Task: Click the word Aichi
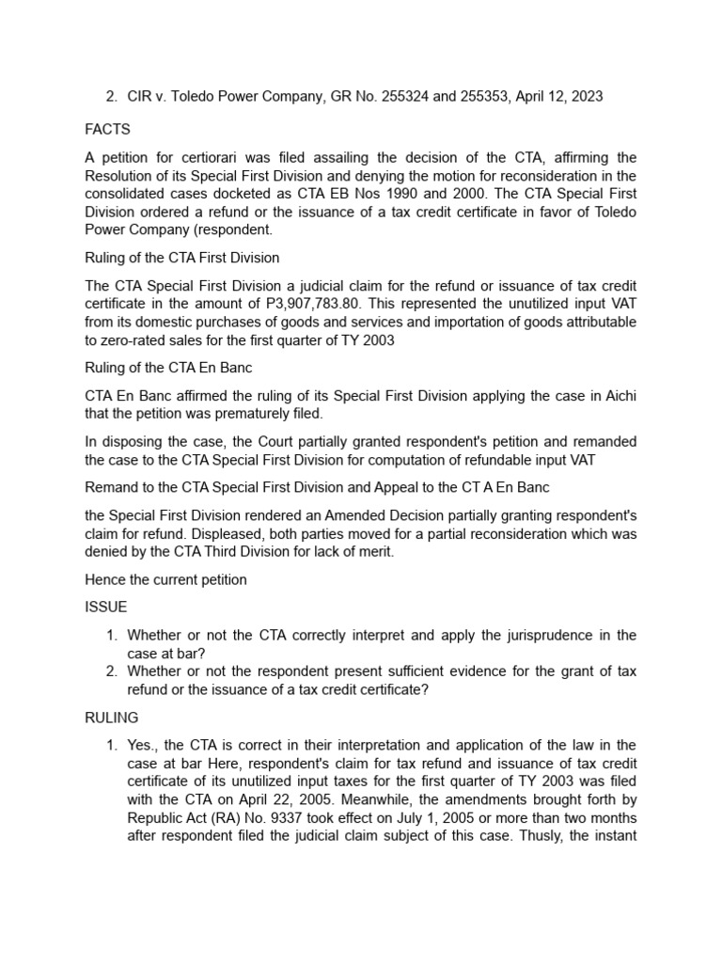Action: pyautogui.click(x=615, y=396)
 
